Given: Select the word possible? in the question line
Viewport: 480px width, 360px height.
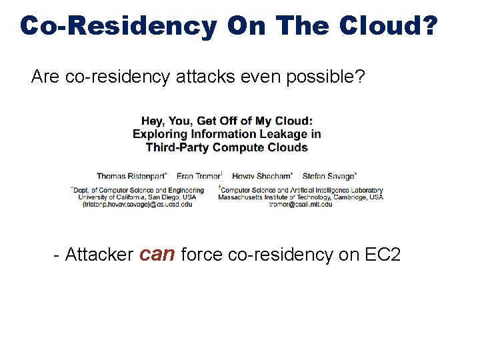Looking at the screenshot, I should pyautogui.click(x=326, y=78).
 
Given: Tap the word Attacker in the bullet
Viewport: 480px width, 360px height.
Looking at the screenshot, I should pyautogui.click(x=99, y=254).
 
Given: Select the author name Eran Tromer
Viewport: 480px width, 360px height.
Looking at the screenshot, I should pyautogui.click(x=199, y=176).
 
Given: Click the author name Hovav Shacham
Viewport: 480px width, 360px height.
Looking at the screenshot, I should pyautogui.click(x=262, y=176).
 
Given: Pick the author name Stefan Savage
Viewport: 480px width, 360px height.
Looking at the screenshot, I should pyautogui.click(x=329, y=176).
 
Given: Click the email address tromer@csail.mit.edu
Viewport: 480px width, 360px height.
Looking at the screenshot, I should pyautogui.click(x=300, y=205).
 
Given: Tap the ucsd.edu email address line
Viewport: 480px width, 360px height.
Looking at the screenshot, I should pyautogui.click(x=137, y=205).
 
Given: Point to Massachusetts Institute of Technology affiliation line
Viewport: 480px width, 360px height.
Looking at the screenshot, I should pyautogui.click(x=301, y=197).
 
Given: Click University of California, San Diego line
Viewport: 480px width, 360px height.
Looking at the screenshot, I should pyautogui.click(x=137, y=197).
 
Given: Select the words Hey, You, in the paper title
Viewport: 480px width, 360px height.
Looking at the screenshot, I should pyautogui.click(x=166, y=121).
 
